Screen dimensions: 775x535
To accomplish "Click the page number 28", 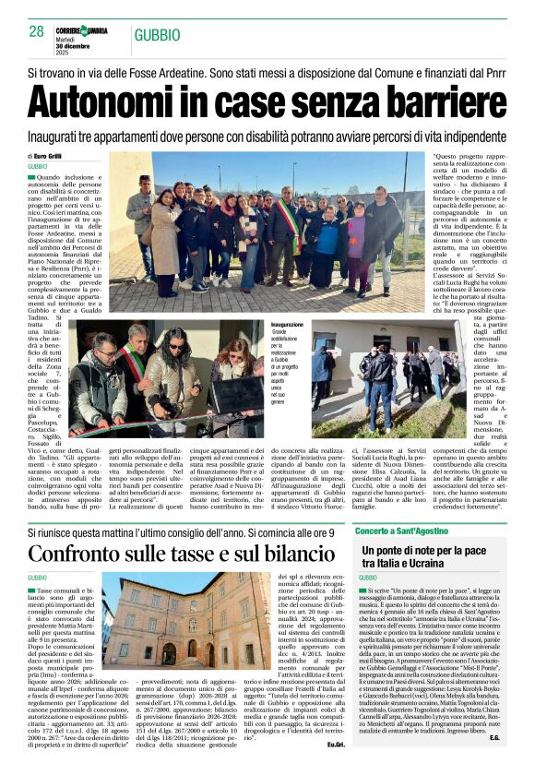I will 37,31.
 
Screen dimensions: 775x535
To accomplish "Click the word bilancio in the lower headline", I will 291,555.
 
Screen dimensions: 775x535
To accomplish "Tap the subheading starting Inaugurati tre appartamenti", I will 267,135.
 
